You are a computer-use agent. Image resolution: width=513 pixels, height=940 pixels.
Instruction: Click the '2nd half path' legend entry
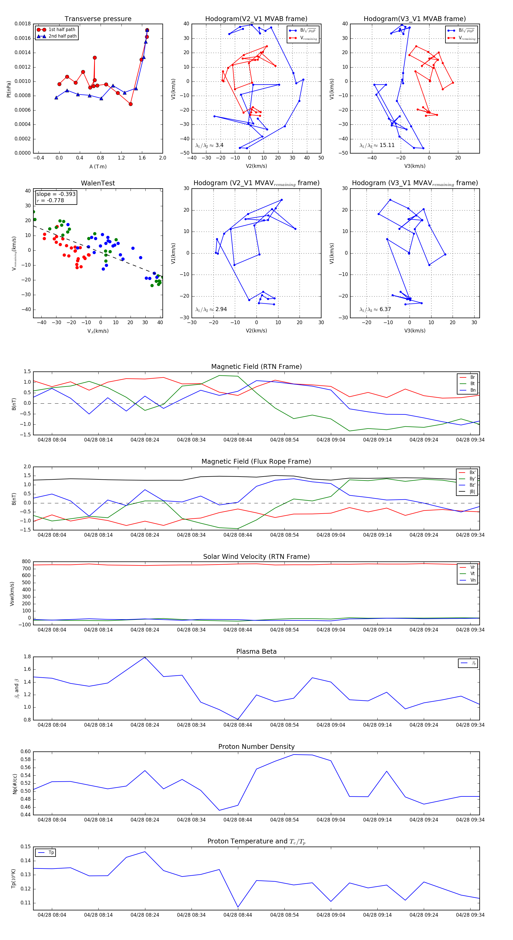pos(62,36)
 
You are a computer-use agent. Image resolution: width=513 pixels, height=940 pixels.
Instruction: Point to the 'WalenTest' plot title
pos(98,183)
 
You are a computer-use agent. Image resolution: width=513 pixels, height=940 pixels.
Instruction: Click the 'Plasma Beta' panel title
pos(256,652)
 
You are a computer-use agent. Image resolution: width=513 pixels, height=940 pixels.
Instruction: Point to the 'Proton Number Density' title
pos(256,747)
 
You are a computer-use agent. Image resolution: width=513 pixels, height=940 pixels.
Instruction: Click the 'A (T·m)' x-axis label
pos(98,167)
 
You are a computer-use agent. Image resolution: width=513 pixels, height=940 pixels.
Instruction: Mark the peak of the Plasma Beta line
pos(145,657)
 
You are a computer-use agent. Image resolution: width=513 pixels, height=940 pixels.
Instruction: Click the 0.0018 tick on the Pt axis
pos(23,24)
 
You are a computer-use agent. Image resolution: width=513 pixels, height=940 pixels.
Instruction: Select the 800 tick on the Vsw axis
pos(26,562)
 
